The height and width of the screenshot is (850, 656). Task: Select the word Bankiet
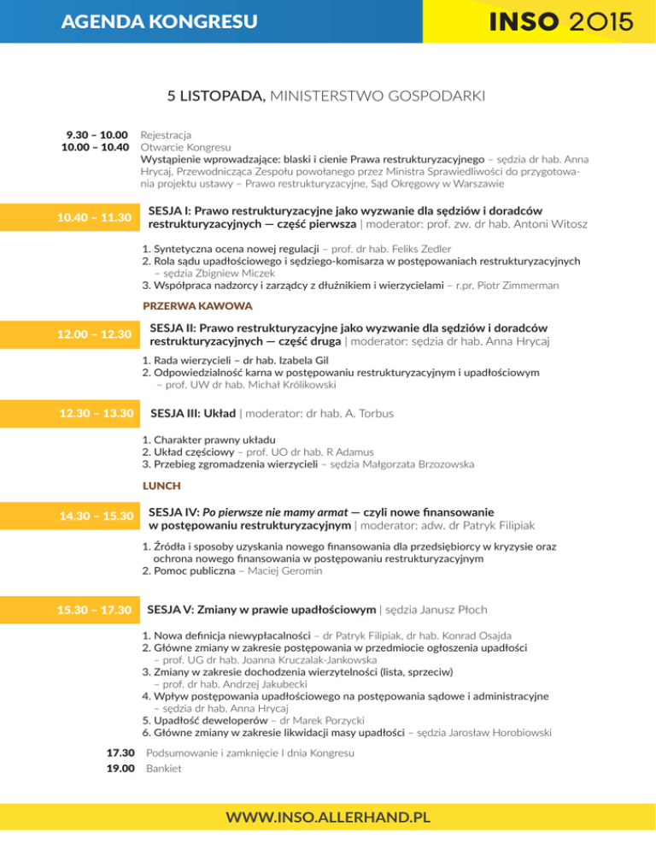(x=164, y=769)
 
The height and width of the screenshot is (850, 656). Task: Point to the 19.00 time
(x=120, y=769)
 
